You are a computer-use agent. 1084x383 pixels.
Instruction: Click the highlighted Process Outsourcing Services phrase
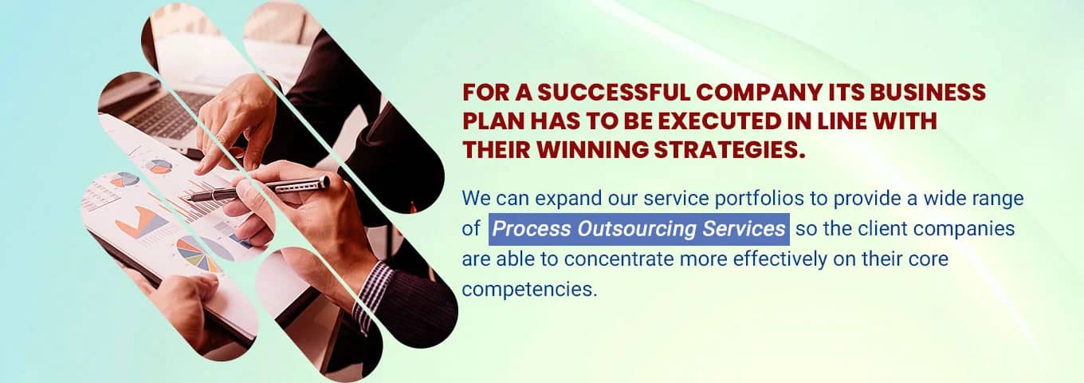tap(638, 229)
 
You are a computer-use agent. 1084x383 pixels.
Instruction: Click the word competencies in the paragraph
tap(529, 290)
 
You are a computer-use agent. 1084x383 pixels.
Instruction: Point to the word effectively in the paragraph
tap(780, 259)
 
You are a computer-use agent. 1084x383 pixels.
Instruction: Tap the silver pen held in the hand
tap(258, 188)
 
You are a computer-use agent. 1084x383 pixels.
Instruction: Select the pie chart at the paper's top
tap(159, 167)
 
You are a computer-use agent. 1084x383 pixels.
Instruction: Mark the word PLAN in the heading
tap(493, 121)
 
